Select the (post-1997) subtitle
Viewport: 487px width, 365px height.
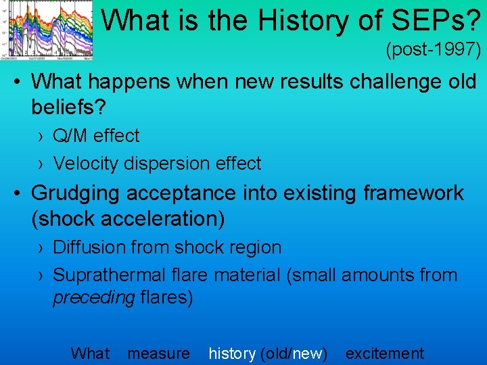pyautogui.click(x=433, y=49)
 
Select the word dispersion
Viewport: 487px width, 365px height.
pyautogui.click(x=175, y=164)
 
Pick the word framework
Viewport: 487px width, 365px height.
pyautogui.click(x=415, y=193)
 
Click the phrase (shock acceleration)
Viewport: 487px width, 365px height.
pyautogui.click(x=128, y=218)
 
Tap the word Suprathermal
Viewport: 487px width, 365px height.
pyautogui.click(x=109, y=275)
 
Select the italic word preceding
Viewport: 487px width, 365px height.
pyautogui.click(x=93, y=298)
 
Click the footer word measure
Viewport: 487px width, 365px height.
pyautogui.click(x=158, y=354)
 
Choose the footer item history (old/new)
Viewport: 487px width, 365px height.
pyautogui.click(x=268, y=354)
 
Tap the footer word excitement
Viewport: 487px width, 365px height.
pyautogui.click(x=385, y=354)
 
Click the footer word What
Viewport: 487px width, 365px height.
pyautogui.click(x=90, y=354)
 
